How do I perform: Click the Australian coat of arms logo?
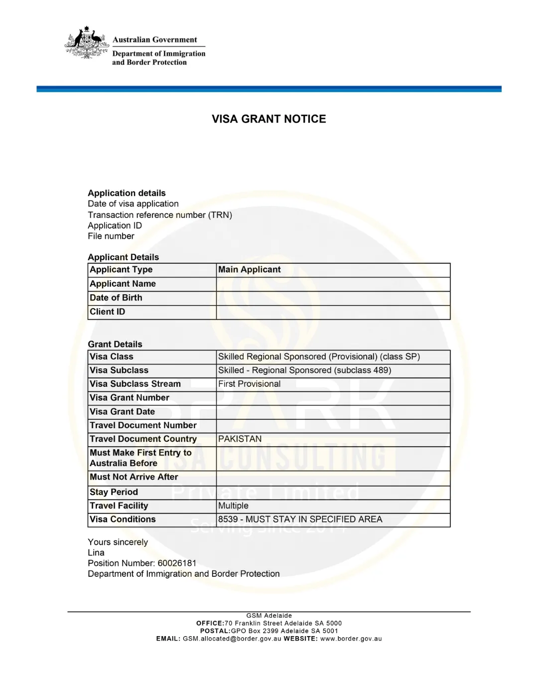tap(87, 43)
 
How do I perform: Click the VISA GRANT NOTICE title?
tap(269, 119)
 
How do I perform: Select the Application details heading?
tap(127, 193)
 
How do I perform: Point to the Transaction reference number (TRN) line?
tap(160, 215)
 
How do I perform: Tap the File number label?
tap(111, 236)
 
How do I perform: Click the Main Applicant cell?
tap(250, 270)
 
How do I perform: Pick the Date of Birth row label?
tap(116, 298)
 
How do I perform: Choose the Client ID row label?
tap(108, 312)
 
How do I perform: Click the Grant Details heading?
tap(115, 344)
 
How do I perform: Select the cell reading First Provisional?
tap(250, 384)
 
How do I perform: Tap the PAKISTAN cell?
tap(240, 439)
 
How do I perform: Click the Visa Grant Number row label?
tap(130, 398)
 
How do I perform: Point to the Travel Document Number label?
tap(143, 425)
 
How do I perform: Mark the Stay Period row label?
tap(114, 492)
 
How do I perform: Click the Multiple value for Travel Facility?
tap(233, 505)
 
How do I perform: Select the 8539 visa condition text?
tap(300, 519)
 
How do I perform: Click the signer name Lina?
tap(96, 552)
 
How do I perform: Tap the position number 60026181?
tap(177, 563)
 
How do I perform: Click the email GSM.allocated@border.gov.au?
tap(232, 639)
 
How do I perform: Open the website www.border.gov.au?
tap(351, 639)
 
